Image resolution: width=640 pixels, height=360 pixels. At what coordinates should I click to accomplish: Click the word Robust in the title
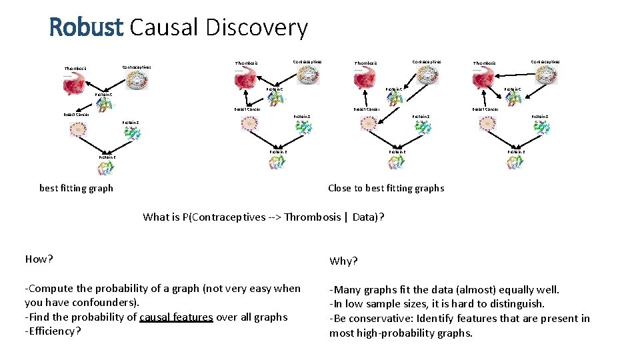click(x=86, y=27)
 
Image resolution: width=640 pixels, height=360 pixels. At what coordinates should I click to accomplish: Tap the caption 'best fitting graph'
click(x=76, y=188)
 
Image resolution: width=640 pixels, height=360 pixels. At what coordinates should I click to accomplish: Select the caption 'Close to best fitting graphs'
click(x=385, y=188)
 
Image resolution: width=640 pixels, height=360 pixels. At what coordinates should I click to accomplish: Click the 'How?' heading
click(x=39, y=259)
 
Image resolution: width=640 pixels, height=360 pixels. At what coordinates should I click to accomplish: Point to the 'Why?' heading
click(x=343, y=261)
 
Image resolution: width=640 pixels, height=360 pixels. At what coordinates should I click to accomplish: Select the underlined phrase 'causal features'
click(x=176, y=317)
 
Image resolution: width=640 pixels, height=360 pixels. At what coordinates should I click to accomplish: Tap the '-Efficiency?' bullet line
click(x=53, y=331)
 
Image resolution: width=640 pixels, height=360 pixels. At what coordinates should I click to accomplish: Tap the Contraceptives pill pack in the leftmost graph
click(x=139, y=80)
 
